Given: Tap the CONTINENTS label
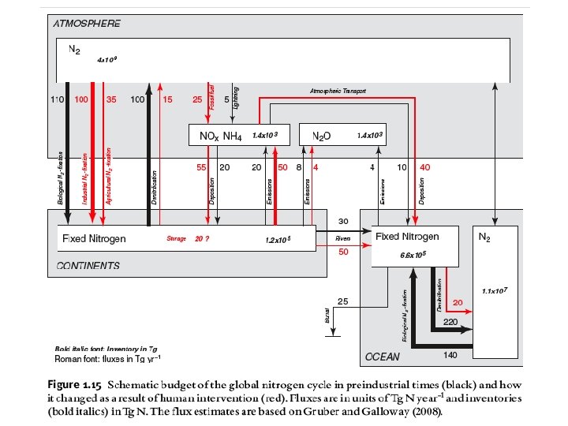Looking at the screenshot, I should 88,266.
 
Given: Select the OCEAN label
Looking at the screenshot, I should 383,357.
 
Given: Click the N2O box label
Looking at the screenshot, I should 321,136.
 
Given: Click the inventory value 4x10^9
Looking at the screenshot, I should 106,59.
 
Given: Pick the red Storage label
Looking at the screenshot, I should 176,238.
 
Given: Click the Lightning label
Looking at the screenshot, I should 237,99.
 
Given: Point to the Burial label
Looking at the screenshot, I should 327,316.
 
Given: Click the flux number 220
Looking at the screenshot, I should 450,323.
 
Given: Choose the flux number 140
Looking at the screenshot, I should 450,356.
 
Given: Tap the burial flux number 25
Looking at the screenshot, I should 343,301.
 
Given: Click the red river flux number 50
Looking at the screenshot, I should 343,252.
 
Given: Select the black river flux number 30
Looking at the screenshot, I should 343,221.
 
